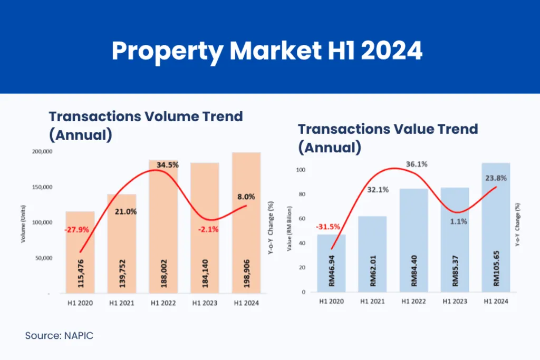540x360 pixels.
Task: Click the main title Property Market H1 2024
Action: click(267, 52)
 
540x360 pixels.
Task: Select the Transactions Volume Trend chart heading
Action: click(146, 125)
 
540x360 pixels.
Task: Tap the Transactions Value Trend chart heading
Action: click(388, 138)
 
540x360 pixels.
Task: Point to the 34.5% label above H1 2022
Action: click(168, 165)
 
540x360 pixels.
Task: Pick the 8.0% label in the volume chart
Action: click(246, 197)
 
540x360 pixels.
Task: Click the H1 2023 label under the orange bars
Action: click(205, 303)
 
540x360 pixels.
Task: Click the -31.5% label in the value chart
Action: click(328, 227)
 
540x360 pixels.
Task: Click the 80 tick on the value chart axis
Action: click(302, 194)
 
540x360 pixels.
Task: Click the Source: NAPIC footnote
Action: click(59, 336)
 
